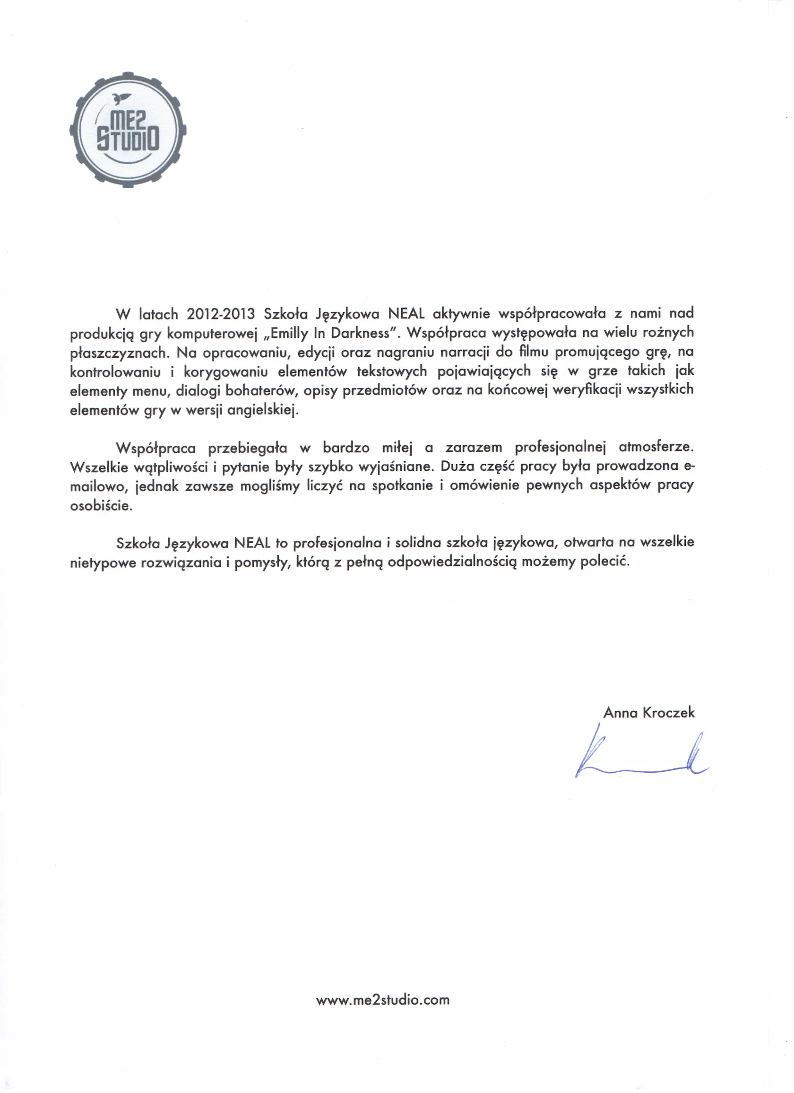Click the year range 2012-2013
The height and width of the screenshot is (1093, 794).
click(x=221, y=314)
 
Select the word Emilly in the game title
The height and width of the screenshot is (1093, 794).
click(x=289, y=334)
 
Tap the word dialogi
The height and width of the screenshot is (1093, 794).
click(x=198, y=391)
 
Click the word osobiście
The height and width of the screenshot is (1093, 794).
click(x=101, y=506)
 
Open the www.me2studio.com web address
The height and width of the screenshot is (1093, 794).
click(x=383, y=1000)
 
